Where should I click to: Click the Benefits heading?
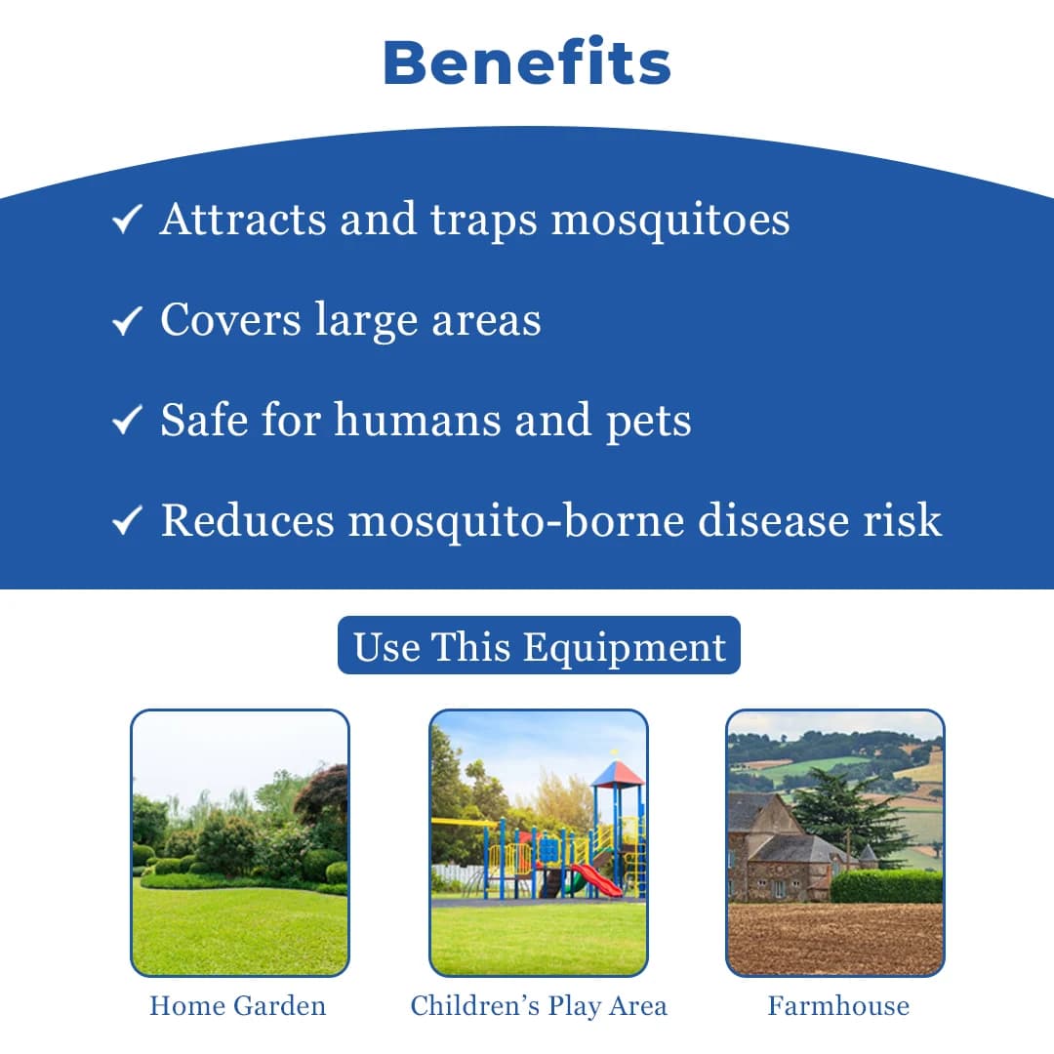pyautogui.click(x=527, y=62)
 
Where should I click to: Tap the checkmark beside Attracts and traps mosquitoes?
pyautogui.click(x=127, y=220)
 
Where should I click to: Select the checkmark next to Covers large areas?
pyautogui.click(x=127, y=320)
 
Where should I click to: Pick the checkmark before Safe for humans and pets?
pyautogui.click(x=127, y=420)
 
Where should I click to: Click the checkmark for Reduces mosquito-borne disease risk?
pyautogui.click(x=127, y=520)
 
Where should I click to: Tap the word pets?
pyautogui.click(x=649, y=423)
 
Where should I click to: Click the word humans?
pyautogui.click(x=419, y=420)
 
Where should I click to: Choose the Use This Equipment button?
pyautogui.click(x=539, y=645)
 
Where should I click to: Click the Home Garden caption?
pyautogui.click(x=238, y=1006)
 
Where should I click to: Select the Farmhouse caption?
pyautogui.click(x=838, y=1006)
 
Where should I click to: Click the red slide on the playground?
pyautogui.click(x=596, y=880)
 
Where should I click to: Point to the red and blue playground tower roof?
pyautogui.click(x=617, y=774)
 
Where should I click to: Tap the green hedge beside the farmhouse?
pyautogui.click(x=886, y=886)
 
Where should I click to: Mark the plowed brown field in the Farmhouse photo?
pyautogui.click(x=835, y=939)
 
